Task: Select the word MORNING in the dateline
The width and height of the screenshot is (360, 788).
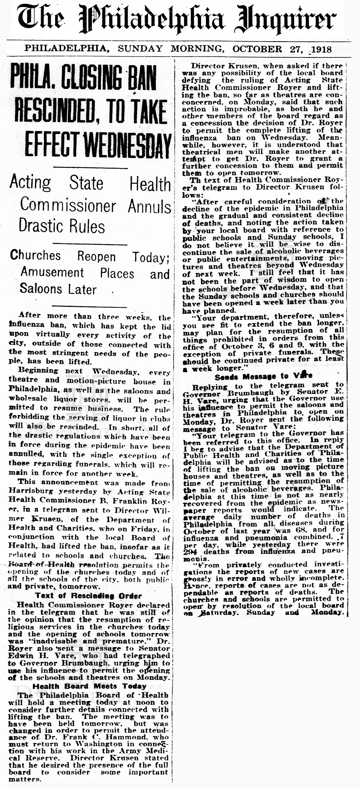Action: pyautogui.click(x=196, y=49)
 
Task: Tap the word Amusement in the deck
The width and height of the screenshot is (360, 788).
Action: pyautogui.click(x=52, y=272)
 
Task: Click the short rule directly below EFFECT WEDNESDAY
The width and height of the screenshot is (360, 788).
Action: pyautogui.click(x=90, y=168)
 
